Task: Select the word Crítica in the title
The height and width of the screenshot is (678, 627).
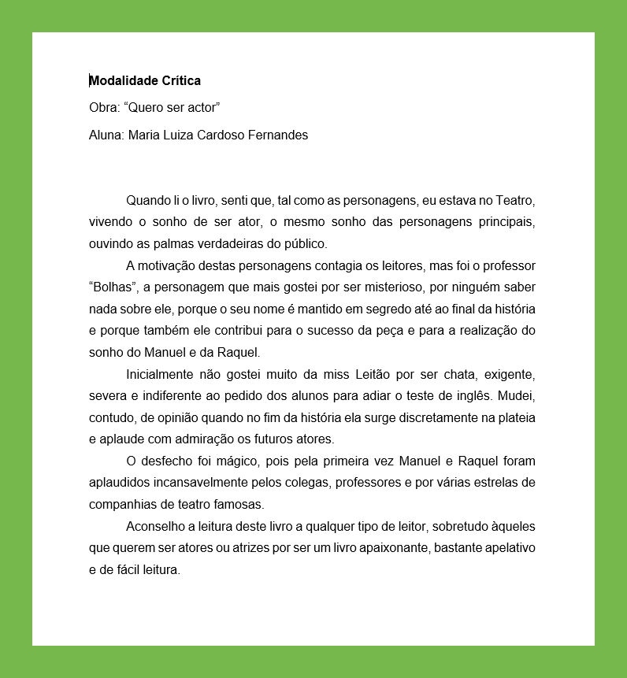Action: [181, 80]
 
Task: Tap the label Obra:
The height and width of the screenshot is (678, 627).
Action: [104, 108]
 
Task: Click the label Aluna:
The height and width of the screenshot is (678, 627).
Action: [106, 135]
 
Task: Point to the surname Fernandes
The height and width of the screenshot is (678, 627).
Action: [278, 135]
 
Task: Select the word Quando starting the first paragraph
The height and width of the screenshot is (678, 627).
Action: [147, 201]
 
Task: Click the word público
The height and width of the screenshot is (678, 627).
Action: [305, 243]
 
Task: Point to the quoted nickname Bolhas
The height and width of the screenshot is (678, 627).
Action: [113, 287]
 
